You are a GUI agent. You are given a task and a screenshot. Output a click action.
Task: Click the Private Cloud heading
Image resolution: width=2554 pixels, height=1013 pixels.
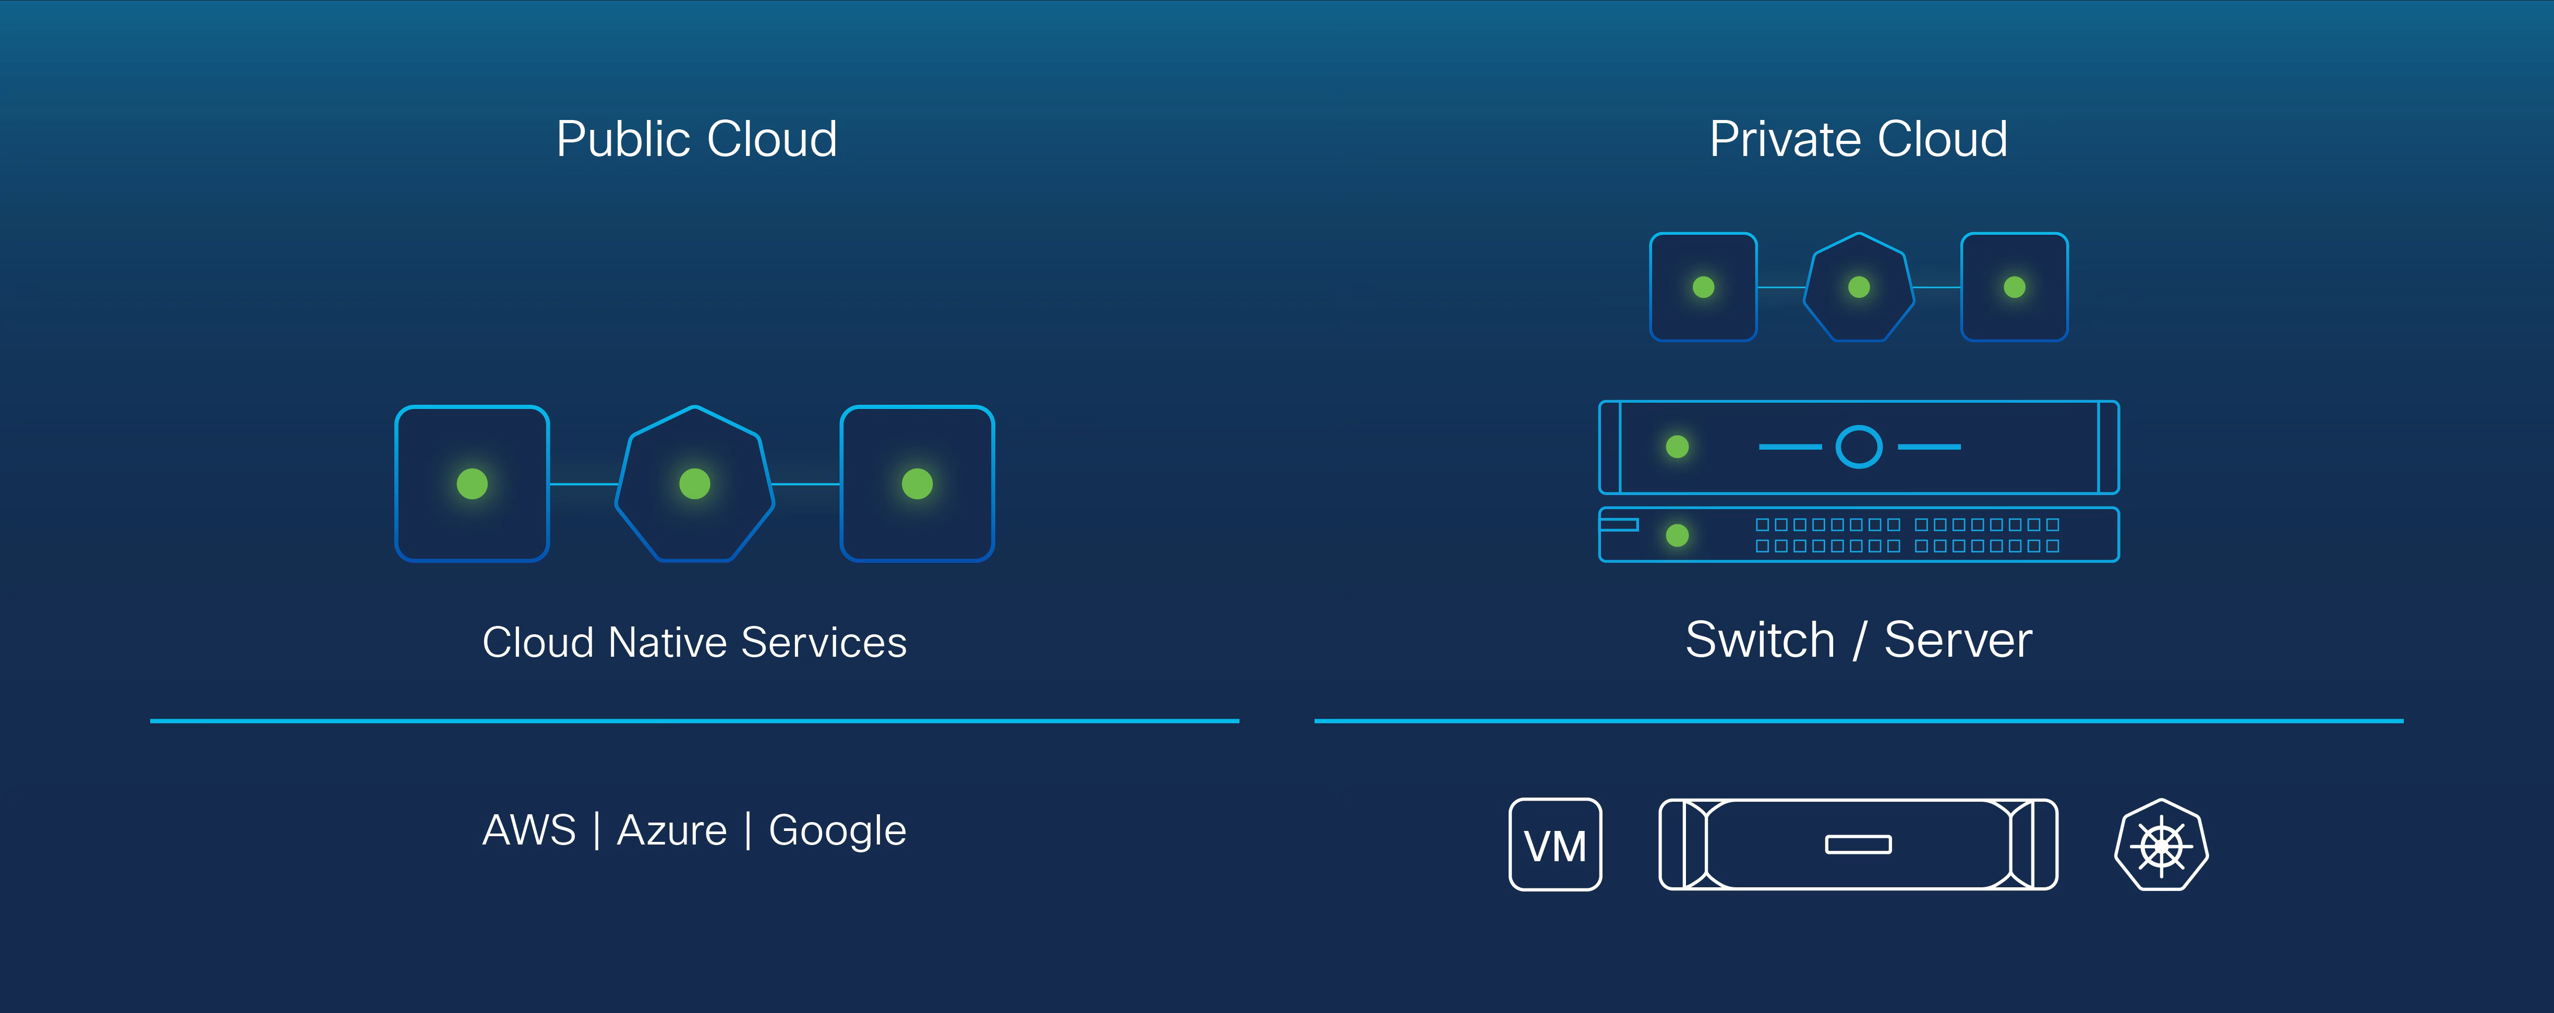click(1858, 139)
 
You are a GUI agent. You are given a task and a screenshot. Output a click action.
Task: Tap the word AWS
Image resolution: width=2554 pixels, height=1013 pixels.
click(528, 829)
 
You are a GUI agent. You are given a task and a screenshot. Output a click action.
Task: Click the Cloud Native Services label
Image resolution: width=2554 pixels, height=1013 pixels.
click(694, 642)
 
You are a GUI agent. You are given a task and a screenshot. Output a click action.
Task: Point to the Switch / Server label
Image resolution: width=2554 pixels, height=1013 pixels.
click(1858, 640)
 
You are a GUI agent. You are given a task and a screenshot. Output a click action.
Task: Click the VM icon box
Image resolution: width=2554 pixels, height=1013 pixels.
click(1555, 845)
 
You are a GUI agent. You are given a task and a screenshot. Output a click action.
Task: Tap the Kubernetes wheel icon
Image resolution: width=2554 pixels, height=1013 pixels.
click(2161, 845)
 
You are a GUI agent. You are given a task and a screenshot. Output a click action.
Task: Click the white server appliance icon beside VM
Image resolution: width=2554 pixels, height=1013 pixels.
click(1858, 845)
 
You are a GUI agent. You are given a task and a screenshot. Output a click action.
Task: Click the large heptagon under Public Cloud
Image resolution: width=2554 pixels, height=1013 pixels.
click(694, 484)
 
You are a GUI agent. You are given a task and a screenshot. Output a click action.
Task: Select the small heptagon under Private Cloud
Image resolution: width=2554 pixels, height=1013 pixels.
click(1859, 287)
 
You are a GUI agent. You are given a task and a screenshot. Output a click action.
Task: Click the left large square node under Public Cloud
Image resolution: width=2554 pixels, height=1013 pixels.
click(472, 484)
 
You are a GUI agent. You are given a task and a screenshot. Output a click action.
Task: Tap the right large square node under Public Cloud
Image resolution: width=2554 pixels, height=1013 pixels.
click(917, 484)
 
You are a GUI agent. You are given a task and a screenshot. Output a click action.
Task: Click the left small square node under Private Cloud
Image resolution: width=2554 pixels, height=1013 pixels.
click(1703, 287)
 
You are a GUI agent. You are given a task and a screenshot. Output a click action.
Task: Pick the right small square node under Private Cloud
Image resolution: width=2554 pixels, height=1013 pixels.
click(2015, 287)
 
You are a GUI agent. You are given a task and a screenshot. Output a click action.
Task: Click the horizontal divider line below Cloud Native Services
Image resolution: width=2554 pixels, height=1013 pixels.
click(694, 720)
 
